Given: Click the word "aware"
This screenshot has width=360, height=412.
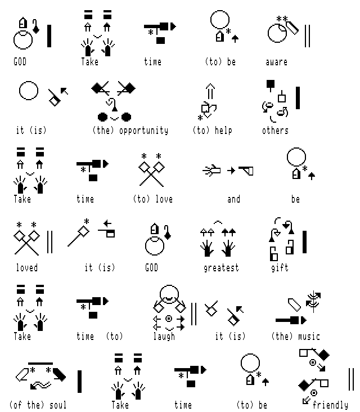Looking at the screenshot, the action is [276, 62].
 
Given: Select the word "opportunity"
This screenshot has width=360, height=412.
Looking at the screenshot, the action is [143, 131].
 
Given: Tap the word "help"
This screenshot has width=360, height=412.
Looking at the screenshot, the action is [223, 131].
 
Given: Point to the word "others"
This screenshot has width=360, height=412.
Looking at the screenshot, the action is [275, 131].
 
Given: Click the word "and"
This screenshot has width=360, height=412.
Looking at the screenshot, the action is [233, 199].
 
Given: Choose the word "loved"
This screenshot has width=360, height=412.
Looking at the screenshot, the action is [27, 268].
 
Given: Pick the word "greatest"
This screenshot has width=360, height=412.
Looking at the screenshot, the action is [221, 268].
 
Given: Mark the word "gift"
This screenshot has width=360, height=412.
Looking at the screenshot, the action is [280, 268].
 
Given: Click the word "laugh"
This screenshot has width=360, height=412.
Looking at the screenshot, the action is [164, 337].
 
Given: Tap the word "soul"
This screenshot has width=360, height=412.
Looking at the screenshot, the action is [58, 405].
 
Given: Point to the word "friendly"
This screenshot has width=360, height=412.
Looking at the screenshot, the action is [330, 405].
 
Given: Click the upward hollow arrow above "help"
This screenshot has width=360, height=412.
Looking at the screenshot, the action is [210, 91].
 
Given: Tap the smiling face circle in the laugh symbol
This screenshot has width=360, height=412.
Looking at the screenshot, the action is [169, 294].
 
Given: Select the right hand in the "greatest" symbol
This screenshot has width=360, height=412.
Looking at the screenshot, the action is [228, 248].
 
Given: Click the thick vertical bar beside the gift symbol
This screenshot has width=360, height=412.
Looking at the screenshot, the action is [304, 242].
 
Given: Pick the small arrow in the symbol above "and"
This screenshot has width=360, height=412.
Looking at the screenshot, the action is [231, 171].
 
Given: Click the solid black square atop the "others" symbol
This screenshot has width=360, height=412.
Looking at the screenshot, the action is [271, 84].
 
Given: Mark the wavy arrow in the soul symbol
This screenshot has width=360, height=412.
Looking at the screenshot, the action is [40, 386].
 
